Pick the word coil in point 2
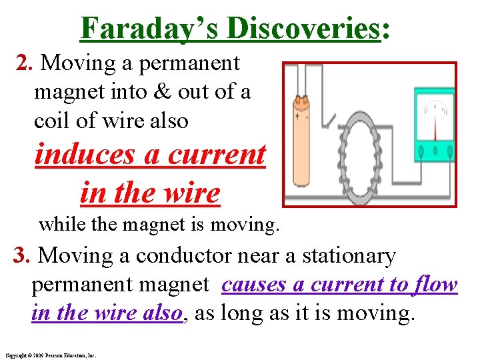53,121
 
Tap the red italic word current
217,155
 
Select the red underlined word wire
192,193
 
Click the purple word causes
254,285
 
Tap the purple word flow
434,285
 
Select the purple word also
161,313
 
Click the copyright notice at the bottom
50,355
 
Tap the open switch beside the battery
329,120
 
